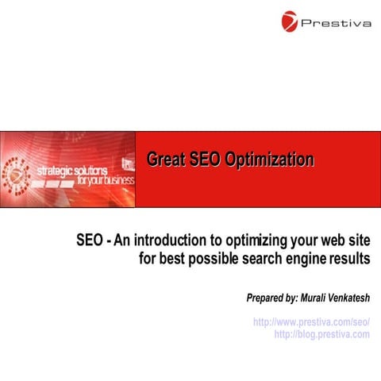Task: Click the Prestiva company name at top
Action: pyautogui.click(x=336, y=23)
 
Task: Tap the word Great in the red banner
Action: pyautogui.click(x=166, y=160)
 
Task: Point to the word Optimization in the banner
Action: pyautogui.click(x=268, y=160)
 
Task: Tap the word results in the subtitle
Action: pyautogui.click(x=351, y=258)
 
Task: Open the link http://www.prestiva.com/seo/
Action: pyautogui.click(x=311, y=323)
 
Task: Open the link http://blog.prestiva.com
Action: pyautogui.click(x=321, y=334)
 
